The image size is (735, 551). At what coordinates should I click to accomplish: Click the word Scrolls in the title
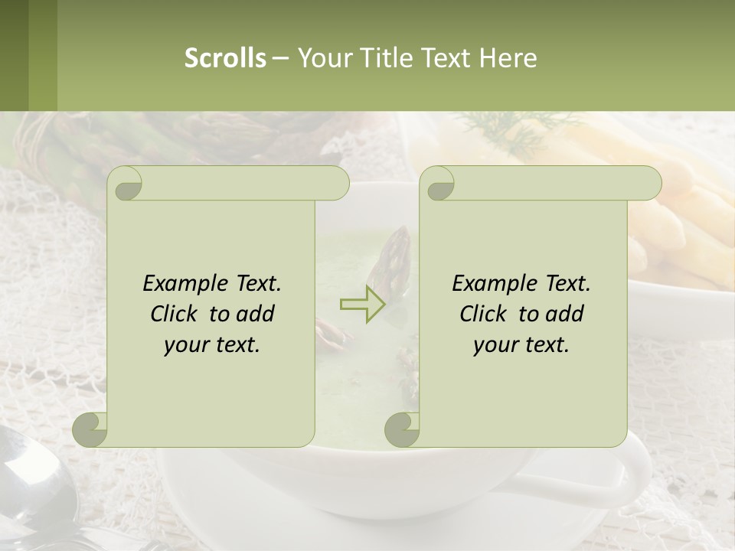(225, 58)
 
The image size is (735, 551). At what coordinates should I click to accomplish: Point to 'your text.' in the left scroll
(212, 344)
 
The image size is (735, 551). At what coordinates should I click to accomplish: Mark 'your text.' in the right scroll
(521, 344)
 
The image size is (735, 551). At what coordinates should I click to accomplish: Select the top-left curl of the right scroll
(439, 184)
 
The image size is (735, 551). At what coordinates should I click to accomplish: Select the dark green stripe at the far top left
(14, 55)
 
